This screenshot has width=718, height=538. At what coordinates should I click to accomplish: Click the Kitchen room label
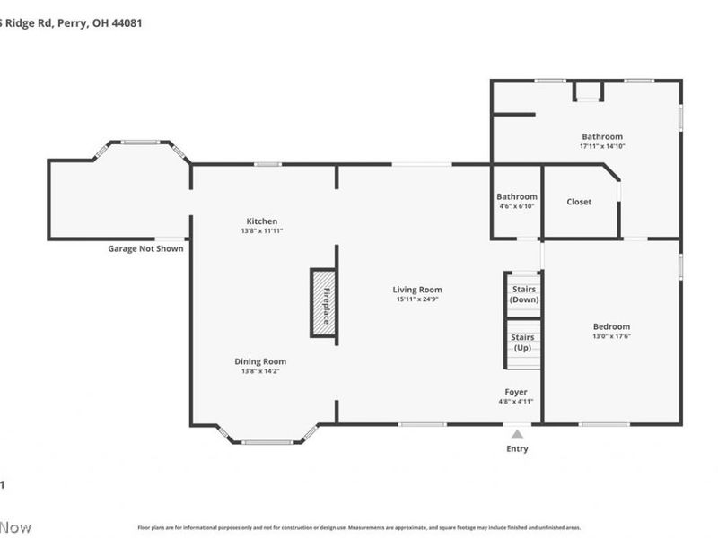point(262,221)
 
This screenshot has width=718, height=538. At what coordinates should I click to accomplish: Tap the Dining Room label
point(261,361)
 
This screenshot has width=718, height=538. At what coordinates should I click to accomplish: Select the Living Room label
point(417,290)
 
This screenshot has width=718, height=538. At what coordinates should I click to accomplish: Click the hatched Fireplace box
point(323,303)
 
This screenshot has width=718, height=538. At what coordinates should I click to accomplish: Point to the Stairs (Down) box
point(523,294)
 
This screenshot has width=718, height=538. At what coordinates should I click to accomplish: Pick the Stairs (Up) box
point(523,342)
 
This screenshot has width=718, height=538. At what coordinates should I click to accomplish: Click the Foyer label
point(516,392)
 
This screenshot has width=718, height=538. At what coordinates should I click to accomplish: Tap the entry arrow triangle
point(517,434)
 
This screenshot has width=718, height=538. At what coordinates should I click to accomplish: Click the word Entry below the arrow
point(518,448)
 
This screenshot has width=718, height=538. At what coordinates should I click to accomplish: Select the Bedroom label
point(611,326)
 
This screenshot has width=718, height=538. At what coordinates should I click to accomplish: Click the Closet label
point(579,202)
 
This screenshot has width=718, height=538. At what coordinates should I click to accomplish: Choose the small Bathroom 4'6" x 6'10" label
point(517,197)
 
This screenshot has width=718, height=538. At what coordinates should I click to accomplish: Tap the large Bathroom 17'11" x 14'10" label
point(602,137)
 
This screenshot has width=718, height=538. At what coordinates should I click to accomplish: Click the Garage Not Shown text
point(145,248)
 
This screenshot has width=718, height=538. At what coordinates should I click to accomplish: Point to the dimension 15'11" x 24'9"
point(417,299)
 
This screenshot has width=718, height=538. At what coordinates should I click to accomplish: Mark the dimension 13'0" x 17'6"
point(611,336)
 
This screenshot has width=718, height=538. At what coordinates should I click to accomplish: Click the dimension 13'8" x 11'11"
point(262,230)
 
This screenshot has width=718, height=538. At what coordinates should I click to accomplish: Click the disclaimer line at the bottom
point(359,528)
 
